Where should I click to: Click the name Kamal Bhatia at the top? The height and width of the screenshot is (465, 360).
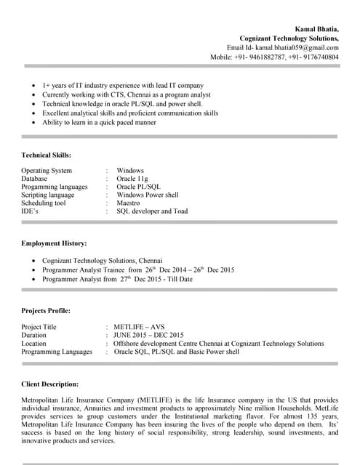tap(316, 28)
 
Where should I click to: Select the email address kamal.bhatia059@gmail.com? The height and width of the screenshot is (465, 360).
tap(297, 46)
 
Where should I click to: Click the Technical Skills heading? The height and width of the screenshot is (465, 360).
tap(46, 155)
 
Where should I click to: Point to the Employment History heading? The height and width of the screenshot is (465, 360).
tap(54, 243)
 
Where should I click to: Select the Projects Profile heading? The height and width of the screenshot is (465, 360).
tap(46, 310)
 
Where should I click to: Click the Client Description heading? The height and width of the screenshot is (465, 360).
tap(50, 383)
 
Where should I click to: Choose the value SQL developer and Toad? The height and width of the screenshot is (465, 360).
tap(151, 211)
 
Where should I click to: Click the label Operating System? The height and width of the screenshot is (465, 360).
tap(47, 170)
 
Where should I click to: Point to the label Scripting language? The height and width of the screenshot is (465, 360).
tap(48, 195)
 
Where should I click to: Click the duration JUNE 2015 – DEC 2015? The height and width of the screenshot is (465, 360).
tap(148, 335)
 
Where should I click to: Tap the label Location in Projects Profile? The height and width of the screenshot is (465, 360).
tap(33, 343)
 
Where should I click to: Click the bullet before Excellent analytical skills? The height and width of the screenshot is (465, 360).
tap(33, 113)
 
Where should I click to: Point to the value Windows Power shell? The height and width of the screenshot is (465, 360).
tap(147, 195)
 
